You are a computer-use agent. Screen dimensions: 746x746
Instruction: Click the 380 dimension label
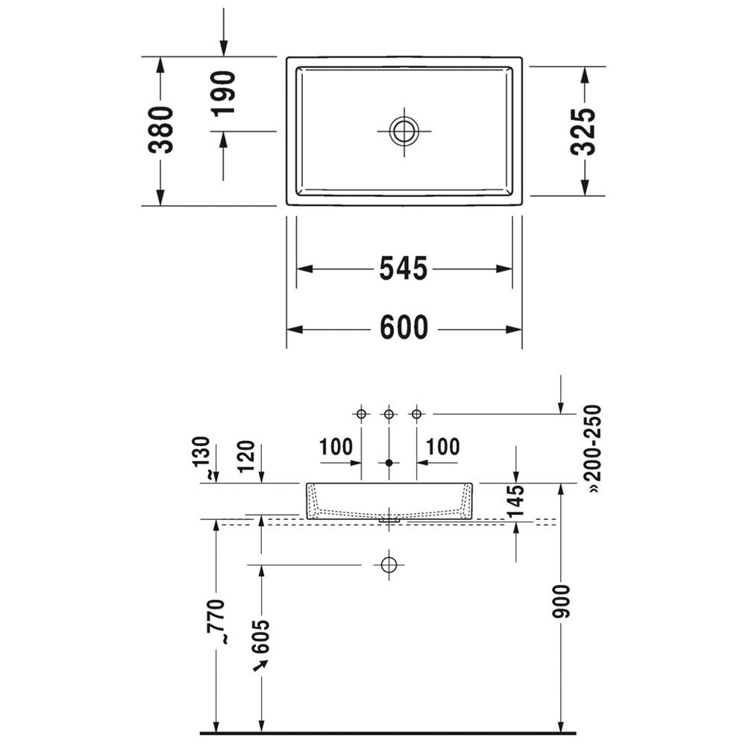(160, 130)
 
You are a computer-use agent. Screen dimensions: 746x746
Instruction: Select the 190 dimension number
(224, 93)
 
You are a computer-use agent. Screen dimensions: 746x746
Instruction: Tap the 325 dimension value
(583, 132)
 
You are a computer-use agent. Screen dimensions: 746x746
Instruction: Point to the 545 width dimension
(404, 269)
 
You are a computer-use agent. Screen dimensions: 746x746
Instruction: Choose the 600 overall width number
(404, 327)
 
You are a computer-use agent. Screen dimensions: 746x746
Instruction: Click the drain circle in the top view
(404, 131)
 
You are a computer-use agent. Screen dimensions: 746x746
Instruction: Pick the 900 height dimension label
(561, 601)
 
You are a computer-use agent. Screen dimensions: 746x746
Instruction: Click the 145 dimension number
(515, 501)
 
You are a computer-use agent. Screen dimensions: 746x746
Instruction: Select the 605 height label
(260, 636)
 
